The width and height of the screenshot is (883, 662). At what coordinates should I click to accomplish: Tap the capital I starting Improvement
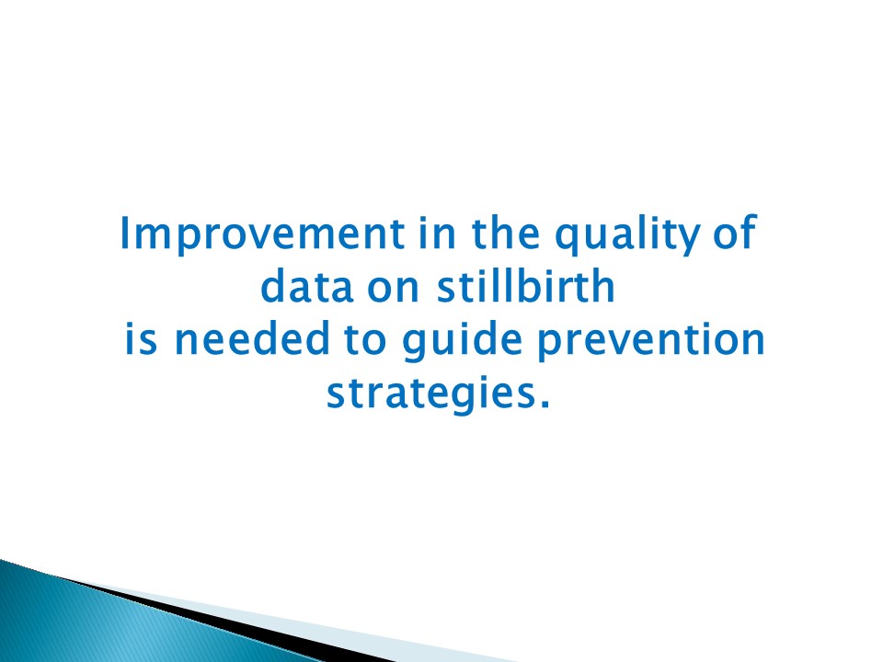(x=126, y=235)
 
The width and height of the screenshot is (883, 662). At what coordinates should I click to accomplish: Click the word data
(x=301, y=289)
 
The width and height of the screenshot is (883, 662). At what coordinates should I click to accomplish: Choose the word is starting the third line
(x=143, y=341)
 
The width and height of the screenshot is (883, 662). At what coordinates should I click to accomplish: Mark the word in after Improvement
(x=437, y=235)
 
